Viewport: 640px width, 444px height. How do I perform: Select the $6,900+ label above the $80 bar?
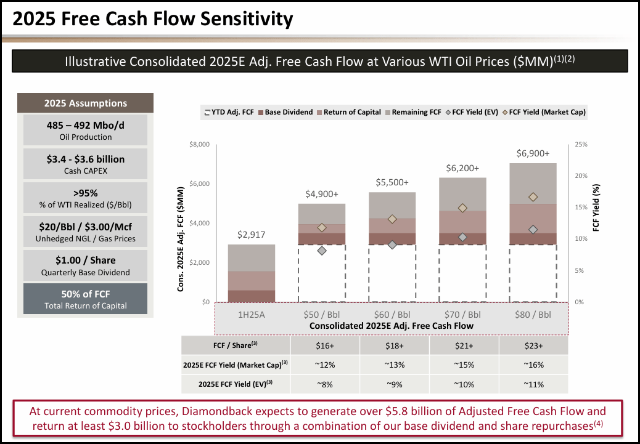pyautogui.click(x=533, y=153)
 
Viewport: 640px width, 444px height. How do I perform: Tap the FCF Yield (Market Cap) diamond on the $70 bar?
pyautogui.click(x=463, y=208)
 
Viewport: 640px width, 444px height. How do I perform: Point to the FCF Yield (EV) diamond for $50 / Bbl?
pyautogui.click(x=322, y=251)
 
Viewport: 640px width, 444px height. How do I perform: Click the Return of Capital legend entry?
pyautogui.click(x=345, y=112)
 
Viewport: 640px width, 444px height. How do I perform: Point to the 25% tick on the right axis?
pyautogui.click(x=581, y=145)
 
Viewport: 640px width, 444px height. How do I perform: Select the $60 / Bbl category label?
pyautogui.click(x=392, y=314)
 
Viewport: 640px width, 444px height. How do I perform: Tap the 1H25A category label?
pyautogui.click(x=252, y=314)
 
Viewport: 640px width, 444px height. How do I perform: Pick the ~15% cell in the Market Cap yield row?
pyautogui.click(x=463, y=365)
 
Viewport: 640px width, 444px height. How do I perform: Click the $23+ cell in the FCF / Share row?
pyautogui.click(x=533, y=345)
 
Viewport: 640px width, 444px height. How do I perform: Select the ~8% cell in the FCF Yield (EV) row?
pyautogui.click(x=324, y=384)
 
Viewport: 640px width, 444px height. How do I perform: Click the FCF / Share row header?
pyautogui.click(x=236, y=345)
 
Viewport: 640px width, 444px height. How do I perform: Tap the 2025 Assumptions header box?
pyautogui.click(x=85, y=103)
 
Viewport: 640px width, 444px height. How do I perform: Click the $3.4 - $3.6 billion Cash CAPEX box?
pyautogui.click(x=85, y=163)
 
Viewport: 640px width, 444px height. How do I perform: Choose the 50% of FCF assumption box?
pyautogui.click(x=85, y=299)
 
